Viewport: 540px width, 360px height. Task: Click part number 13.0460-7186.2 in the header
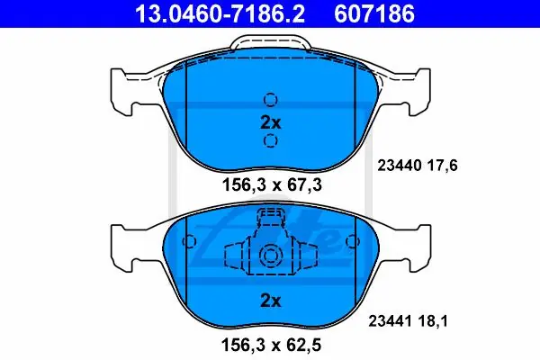tap(220, 13)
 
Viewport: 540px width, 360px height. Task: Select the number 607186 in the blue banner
tap(374, 13)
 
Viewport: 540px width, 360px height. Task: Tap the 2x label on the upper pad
tap(271, 122)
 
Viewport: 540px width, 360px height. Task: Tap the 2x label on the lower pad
tap(271, 301)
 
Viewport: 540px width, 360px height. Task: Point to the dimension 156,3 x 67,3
tap(272, 185)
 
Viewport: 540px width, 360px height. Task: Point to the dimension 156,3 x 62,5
tap(272, 345)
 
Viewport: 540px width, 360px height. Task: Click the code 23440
tap(399, 166)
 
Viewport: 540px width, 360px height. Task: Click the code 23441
tap(391, 321)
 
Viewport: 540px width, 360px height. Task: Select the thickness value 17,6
tap(443, 166)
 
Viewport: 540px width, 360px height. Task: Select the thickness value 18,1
tap(433, 321)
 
